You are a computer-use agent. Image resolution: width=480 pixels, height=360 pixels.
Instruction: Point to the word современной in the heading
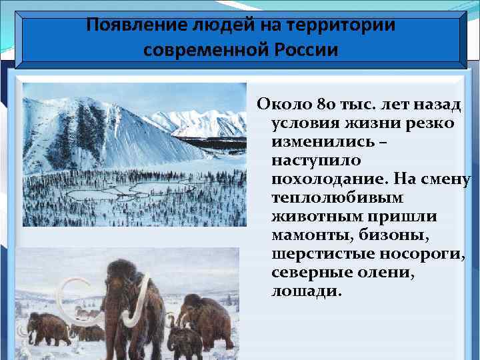tap(207, 50)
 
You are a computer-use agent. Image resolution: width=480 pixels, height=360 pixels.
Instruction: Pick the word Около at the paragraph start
tap(281, 105)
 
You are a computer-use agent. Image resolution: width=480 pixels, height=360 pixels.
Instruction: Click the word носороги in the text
tap(423, 255)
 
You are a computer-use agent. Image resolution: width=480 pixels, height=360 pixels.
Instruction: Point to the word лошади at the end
tap(305, 292)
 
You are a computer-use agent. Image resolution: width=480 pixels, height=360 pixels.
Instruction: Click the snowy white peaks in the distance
tap(200, 120)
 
